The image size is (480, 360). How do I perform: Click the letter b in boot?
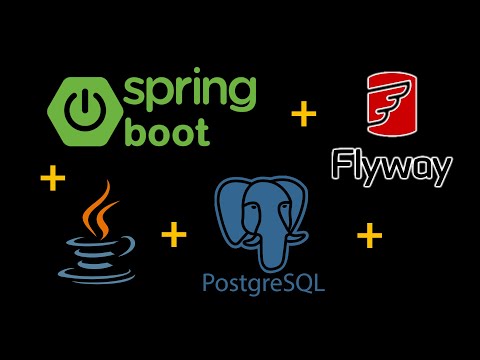click(x=134, y=129)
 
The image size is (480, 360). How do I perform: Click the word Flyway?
click(x=391, y=165)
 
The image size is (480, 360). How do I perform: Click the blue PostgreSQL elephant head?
click(x=259, y=214)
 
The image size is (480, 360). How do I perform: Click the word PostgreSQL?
click(x=262, y=284)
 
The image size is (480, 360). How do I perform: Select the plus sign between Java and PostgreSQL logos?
click(x=174, y=235)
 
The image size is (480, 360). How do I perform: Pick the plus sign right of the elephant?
click(x=369, y=236)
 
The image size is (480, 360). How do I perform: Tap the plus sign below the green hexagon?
click(x=52, y=180)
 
